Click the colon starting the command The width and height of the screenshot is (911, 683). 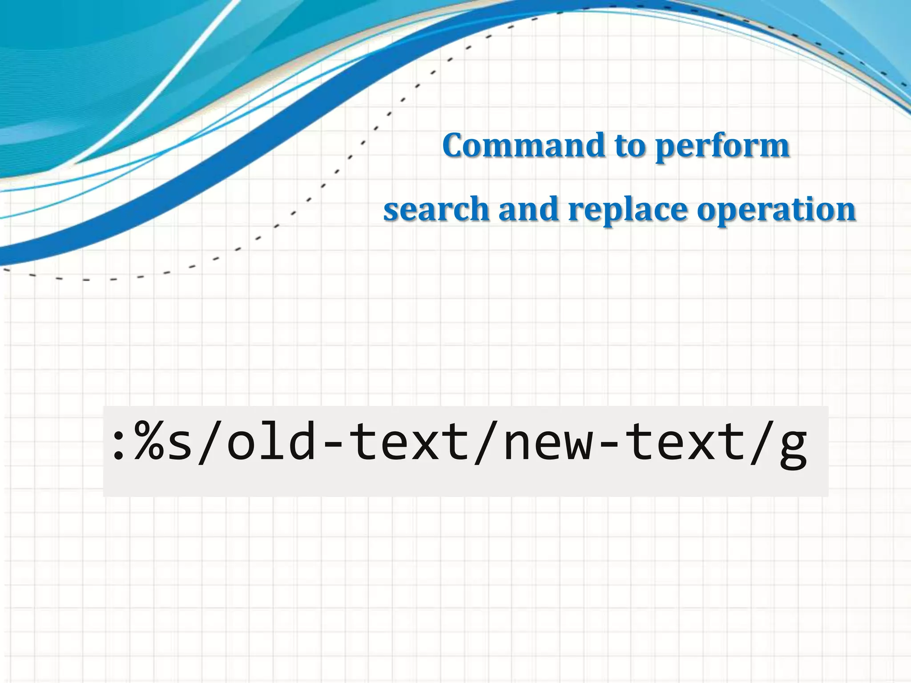118,445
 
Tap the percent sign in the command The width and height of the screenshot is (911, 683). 149,442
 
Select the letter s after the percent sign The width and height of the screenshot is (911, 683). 181,446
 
